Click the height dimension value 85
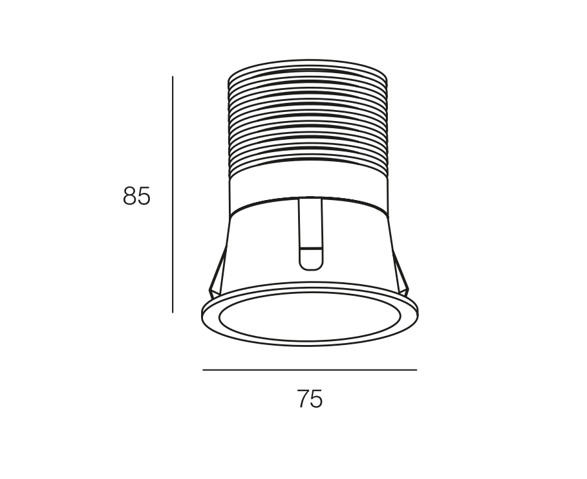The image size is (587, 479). point(136,195)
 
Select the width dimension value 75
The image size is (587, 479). point(310,399)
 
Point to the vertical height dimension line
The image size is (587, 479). point(173,194)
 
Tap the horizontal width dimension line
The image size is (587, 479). point(310,370)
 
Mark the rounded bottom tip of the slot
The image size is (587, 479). point(310,269)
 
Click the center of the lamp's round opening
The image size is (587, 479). point(310,316)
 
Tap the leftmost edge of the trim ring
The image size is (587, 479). point(202,313)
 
